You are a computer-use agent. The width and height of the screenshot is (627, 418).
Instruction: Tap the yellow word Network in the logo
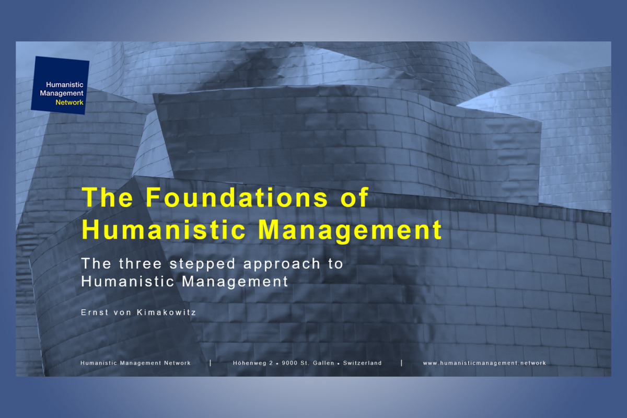69,102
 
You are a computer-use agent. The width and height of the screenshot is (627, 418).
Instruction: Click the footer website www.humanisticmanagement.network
484,363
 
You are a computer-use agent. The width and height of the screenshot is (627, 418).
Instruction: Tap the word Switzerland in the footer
363,363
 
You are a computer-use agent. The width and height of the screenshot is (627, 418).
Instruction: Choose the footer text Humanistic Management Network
136,363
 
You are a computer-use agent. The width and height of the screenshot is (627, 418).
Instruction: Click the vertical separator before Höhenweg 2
210,363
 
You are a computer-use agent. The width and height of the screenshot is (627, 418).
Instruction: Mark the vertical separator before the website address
402,363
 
